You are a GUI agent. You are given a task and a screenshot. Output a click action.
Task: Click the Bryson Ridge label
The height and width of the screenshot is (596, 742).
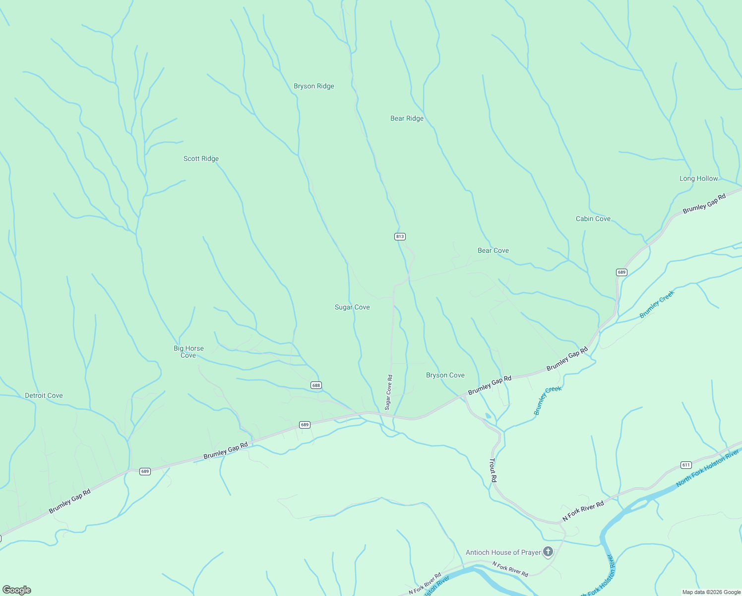click(x=314, y=86)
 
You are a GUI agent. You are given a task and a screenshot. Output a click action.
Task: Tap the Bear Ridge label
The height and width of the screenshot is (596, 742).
click(x=407, y=119)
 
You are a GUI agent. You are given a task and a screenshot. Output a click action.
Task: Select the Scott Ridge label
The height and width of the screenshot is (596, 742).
click(x=201, y=159)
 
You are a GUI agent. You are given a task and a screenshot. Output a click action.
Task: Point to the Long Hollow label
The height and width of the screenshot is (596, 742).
click(x=698, y=179)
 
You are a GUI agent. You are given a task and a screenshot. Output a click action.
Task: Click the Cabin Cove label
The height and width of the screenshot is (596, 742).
click(x=593, y=219)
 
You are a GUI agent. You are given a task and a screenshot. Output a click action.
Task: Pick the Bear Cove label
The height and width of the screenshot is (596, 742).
click(x=493, y=251)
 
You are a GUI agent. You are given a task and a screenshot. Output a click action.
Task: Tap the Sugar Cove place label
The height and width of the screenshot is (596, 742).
click(x=352, y=307)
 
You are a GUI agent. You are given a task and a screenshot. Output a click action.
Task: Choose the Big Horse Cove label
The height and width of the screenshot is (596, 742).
click(x=188, y=352)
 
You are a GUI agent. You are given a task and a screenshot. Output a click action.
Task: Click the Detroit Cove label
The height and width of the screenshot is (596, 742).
click(x=44, y=396)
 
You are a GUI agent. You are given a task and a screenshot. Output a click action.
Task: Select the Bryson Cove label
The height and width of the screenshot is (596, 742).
click(x=445, y=375)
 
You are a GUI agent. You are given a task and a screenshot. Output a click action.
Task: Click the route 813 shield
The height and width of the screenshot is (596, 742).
click(x=400, y=236)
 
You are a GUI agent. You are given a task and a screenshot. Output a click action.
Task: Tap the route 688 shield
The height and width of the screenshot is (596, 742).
click(x=316, y=385)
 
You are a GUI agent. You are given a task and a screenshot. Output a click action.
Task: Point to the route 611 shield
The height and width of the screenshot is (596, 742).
click(x=686, y=465)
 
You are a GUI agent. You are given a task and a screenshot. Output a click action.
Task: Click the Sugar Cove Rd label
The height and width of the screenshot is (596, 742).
click(x=389, y=392)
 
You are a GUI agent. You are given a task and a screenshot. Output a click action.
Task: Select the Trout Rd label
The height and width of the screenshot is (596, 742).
click(x=493, y=471)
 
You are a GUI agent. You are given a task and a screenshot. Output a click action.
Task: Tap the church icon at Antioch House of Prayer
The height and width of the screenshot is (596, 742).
click(x=548, y=552)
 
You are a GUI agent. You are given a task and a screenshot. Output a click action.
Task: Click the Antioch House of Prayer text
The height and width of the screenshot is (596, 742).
click(x=503, y=552)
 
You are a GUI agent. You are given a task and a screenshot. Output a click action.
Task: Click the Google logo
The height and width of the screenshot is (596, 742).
click(x=16, y=590)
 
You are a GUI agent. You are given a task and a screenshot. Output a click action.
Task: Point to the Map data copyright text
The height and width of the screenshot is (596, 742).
click(x=711, y=592)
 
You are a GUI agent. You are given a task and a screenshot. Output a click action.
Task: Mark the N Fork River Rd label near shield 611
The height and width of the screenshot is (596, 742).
click(x=583, y=512)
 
